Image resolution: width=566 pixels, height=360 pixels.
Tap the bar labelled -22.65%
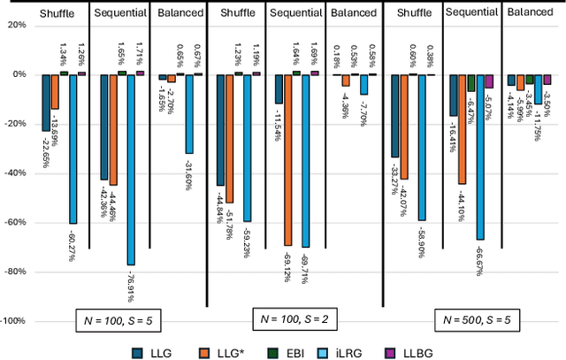46,103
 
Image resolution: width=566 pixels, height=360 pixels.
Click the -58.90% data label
421,240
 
